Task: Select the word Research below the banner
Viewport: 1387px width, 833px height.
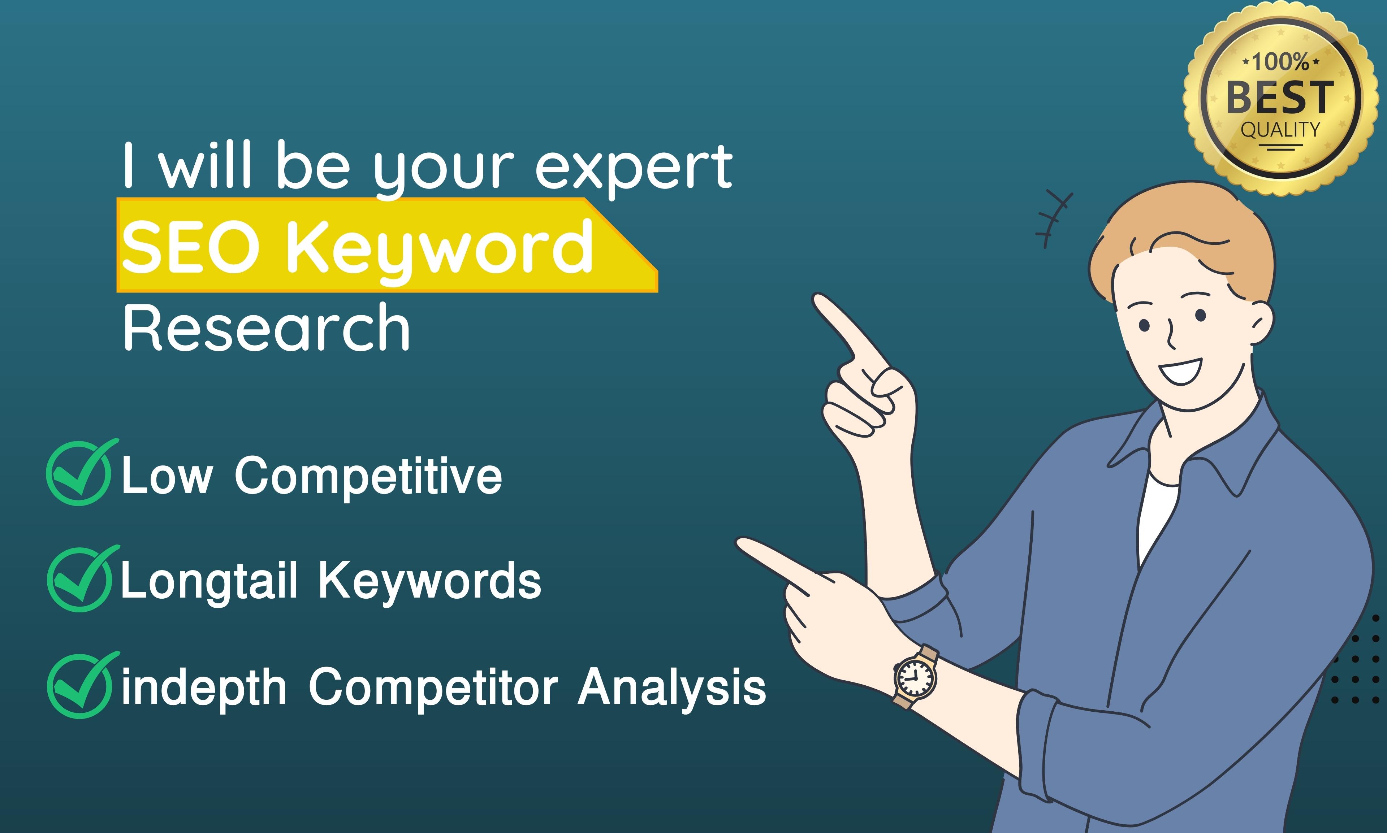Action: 266,328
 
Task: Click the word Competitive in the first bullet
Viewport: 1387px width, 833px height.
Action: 368,476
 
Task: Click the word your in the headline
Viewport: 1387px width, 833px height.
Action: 444,168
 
